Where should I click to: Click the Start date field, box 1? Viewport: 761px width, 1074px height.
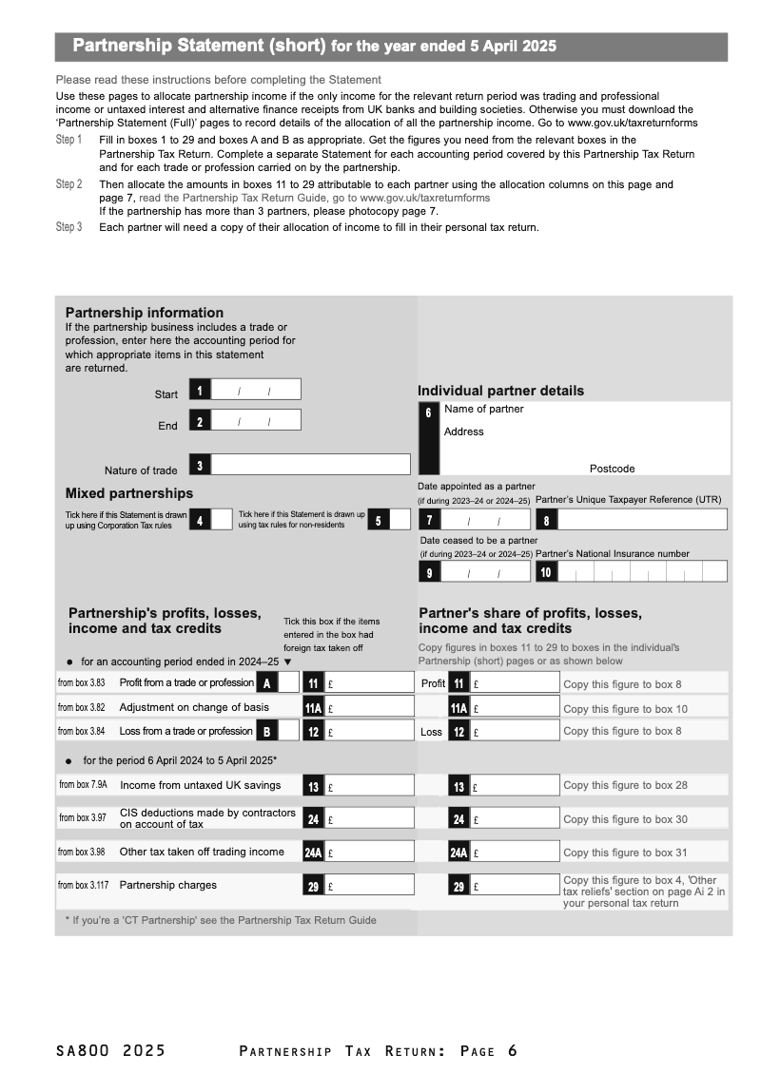(x=255, y=390)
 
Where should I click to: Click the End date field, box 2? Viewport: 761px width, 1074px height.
(x=255, y=420)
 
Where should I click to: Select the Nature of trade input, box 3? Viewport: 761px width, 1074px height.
(x=310, y=465)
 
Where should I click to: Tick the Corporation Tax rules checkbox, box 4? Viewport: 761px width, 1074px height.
(x=222, y=519)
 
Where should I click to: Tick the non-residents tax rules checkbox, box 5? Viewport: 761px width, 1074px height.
(x=400, y=519)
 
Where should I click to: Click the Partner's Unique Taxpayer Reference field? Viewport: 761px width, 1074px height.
(x=642, y=519)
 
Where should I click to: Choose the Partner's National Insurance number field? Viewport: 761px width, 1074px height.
(x=642, y=571)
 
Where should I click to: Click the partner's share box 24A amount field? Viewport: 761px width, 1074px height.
(x=516, y=853)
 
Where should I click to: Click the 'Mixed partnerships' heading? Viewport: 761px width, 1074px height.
(x=128, y=493)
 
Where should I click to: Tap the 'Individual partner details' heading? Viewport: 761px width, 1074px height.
(x=500, y=391)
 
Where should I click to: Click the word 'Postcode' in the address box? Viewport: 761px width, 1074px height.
(x=612, y=469)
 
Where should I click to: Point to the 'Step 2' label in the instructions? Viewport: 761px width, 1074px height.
(x=68, y=184)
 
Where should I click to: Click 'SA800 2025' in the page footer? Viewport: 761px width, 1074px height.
(x=110, y=1050)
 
